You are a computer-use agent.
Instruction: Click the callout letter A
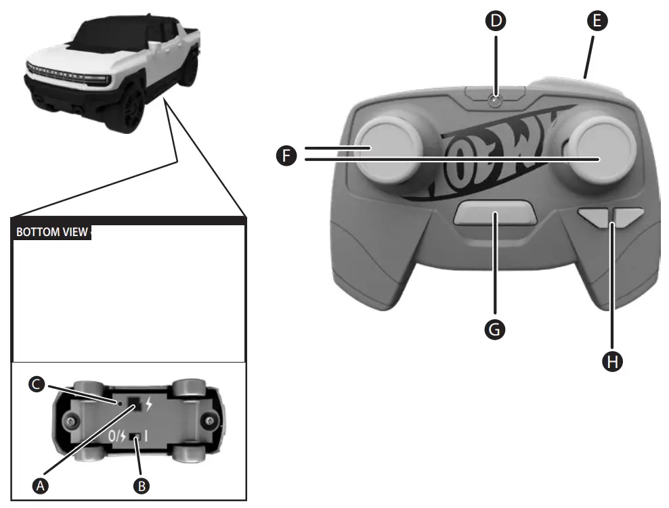(x=41, y=484)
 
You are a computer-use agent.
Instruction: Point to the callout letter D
(x=496, y=21)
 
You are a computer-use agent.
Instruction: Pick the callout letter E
(x=596, y=21)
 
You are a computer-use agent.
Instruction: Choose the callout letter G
(x=496, y=329)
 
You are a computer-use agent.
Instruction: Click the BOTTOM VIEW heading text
(x=52, y=232)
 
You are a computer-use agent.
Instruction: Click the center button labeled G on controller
(x=496, y=213)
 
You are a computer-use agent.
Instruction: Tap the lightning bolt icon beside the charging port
(x=149, y=406)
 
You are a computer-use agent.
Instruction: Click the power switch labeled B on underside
(x=138, y=436)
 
